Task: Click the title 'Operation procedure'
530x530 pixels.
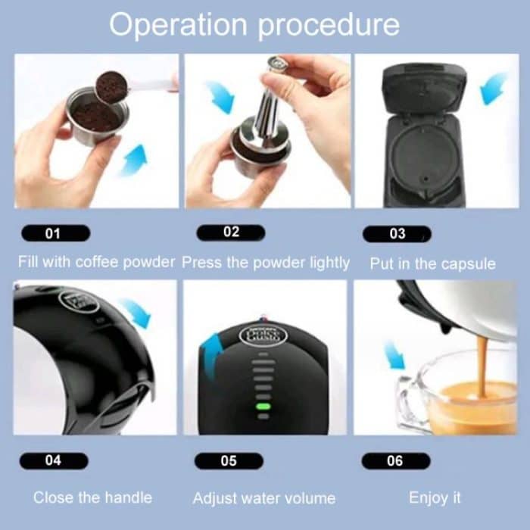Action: pyautogui.click(x=254, y=24)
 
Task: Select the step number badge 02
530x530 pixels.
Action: pyautogui.click(x=230, y=232)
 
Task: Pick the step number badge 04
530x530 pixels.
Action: pyautogui.click(x=55, y=460)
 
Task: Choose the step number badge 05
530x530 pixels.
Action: pyautogui.click(x=229, y=460)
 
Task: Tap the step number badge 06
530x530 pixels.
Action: pyautogui.click(x=395, y=460)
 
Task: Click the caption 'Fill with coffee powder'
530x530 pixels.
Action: pyautogui.click(x=97, y=263)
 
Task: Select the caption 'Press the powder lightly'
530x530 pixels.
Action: pyautogui.click(x=266, y=263)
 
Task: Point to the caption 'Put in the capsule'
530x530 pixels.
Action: pyautogui.click(x=432, y=263)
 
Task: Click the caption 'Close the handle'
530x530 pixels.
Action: pyautogui.click(x=92, y=497)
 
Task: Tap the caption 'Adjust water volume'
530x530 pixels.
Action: pyautogui.click(x=263, y=498)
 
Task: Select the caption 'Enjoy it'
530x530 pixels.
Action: pyautogui.click(x=435, y=497)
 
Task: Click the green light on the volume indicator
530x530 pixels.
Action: pyautogui.click(x=263, y=406)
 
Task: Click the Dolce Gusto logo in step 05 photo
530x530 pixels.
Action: pyautogui.click(x=262, y=335)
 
